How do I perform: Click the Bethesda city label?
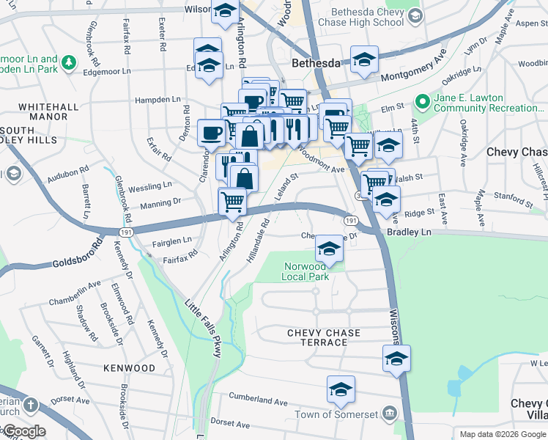click(x=316, y=63)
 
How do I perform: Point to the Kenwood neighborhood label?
click(x=129, y=367)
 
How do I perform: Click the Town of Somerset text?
click(x=337, y=414)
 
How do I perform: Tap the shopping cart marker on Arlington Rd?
click(x=232, y=201)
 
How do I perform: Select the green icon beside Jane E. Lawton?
click(x=422, y=100)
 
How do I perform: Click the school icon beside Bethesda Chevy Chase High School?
click(x=415, y=15)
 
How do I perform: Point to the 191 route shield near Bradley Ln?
click(x=351, y=221)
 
